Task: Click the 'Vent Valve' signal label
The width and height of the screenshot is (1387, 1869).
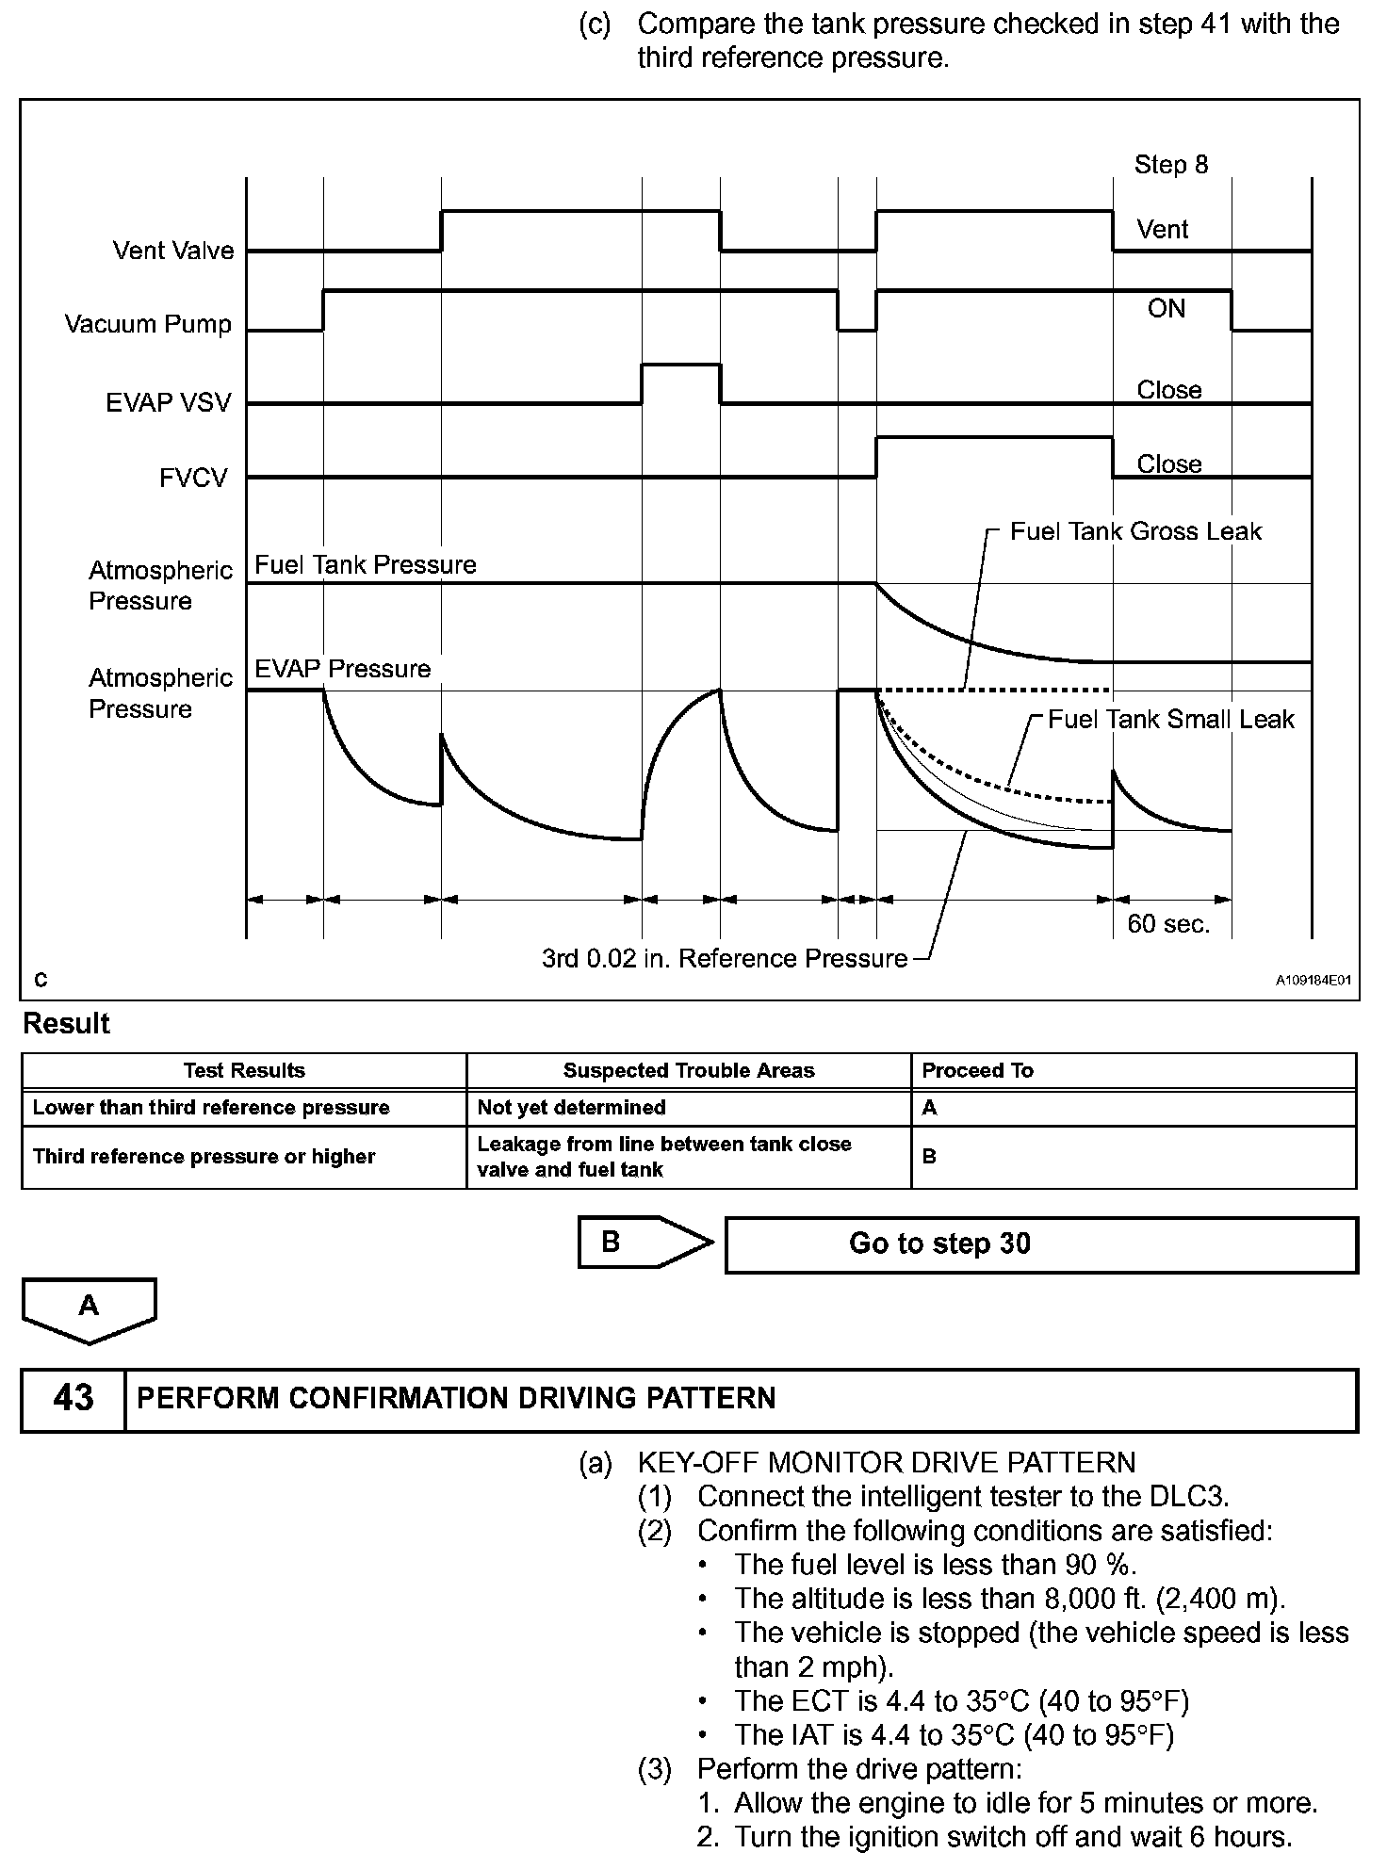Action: pyautogui.click(x=173, y=251)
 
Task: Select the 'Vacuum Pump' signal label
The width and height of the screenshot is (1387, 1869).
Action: pyautogui.click(x=148, y=324)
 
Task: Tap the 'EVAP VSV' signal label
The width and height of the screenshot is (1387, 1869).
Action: pyautogui.click(x=168, y=403)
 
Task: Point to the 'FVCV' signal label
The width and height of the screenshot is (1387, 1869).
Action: pyautogui.click(x=193, y=479)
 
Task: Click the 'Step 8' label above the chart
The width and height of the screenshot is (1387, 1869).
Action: pyautogui.click(x=1170, y=165)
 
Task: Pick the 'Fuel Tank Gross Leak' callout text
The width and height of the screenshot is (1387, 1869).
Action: pyautogui.click(x=1134, y=531)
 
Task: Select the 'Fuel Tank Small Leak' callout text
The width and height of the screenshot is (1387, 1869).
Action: pyautogui.click(x=1170, y=720)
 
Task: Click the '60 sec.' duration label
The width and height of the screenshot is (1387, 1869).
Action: pyautogui.click(x=1168, y=924)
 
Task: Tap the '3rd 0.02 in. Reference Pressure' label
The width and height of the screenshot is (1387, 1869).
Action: pyautogui.click(x=724, y=959)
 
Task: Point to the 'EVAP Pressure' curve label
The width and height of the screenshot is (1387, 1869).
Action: pyautogui.click(x=343, y=669)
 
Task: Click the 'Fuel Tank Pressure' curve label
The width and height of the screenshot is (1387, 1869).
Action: pyautogui.click(x=366, y=565)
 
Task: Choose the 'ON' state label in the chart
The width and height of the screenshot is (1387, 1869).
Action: pyautogui.click(x=1167, y=309)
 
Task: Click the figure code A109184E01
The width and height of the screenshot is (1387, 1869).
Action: pyautogui.click(x=1314, y=981)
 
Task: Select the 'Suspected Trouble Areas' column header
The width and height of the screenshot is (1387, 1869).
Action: pyautogui.click(x=688, y=1071)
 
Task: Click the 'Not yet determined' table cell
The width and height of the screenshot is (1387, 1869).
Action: pyautogui.click(x=571, y=1108)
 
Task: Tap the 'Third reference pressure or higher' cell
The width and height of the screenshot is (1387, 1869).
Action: pyautogui.click(x=204, y=1157)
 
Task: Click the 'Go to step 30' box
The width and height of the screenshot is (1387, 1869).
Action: pyautogui.click(x=1040, y=1244)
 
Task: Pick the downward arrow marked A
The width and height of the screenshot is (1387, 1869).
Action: pyautogui.click(x=89, y=1309)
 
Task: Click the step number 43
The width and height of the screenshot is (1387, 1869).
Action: pyautogui.click(x=73, y=1398)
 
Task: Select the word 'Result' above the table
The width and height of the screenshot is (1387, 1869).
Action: pyautogui.click(x=66, y=1024)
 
